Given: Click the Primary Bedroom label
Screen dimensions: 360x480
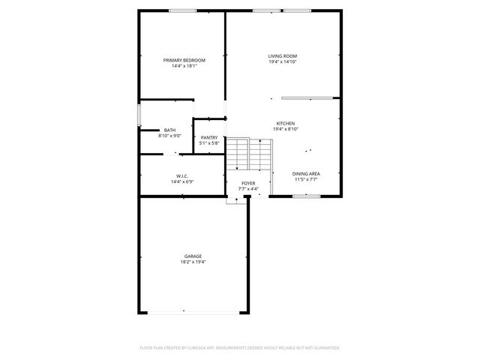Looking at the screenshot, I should [x=184, y=60].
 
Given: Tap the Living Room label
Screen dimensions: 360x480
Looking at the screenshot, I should [x=283, y=56].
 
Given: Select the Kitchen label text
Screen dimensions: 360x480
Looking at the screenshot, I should [x=285, y=123].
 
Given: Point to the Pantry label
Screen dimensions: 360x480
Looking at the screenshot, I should [x=209, y=137].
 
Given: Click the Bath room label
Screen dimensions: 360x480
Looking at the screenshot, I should [x=170, y=130].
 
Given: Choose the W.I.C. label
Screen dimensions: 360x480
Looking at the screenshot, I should [x=182, y=175].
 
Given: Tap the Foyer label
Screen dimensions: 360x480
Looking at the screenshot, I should [x=248, y=183].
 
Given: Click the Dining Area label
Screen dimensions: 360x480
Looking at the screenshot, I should [x=306, y=174].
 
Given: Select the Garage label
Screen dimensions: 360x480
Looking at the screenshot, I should [x=193, y=256].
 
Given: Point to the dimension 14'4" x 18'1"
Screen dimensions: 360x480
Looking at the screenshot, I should [x=184, y=66].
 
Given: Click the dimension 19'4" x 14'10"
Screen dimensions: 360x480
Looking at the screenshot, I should [x=283, y=62].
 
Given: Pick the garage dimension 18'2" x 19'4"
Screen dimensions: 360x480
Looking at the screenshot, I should [x=193, y=262].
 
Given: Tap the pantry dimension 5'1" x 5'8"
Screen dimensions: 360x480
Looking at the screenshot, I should [x=209, y=143].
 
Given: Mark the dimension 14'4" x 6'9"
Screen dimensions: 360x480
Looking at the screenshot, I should [x=182, y=181].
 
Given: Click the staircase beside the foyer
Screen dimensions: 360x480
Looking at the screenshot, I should [x=248, y=154].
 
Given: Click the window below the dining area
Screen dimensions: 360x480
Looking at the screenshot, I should [x=306, y=196].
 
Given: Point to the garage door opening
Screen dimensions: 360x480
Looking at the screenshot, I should [x=193, y=312].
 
